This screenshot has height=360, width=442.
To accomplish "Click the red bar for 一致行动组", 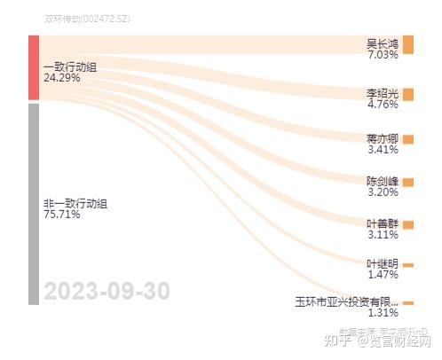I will [x=34, y=67].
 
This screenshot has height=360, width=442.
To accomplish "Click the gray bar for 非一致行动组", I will [x=34, y=203].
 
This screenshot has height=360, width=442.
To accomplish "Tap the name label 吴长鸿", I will [x=383, y=43].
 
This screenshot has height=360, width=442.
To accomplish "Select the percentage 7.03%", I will [x=383, y=54].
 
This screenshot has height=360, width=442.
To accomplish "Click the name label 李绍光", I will [x=383, y=92].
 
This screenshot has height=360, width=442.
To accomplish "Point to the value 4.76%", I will [x=383, y=104].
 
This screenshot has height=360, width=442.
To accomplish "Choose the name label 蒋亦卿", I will [x=383, y=138].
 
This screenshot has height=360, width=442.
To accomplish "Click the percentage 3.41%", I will [x=383, y=150].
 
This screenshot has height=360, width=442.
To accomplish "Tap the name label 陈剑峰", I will [x=383, y=181].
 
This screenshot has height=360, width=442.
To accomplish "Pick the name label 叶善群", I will [x=383, y=223].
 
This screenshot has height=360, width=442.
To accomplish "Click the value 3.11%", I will [x=383, y=235].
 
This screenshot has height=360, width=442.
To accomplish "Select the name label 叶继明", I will [x=383, y=263].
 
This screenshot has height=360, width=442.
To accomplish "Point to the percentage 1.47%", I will [x=383, y=275].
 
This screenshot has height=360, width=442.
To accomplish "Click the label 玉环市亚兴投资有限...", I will [x=347, y=301].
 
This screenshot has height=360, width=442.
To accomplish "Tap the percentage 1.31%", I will [x=383, y=312].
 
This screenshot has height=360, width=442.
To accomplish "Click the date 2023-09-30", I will [x=107, y=291].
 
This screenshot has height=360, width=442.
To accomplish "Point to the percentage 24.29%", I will [x=61, y=78].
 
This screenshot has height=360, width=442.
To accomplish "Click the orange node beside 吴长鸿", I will [x=407, y=45].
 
